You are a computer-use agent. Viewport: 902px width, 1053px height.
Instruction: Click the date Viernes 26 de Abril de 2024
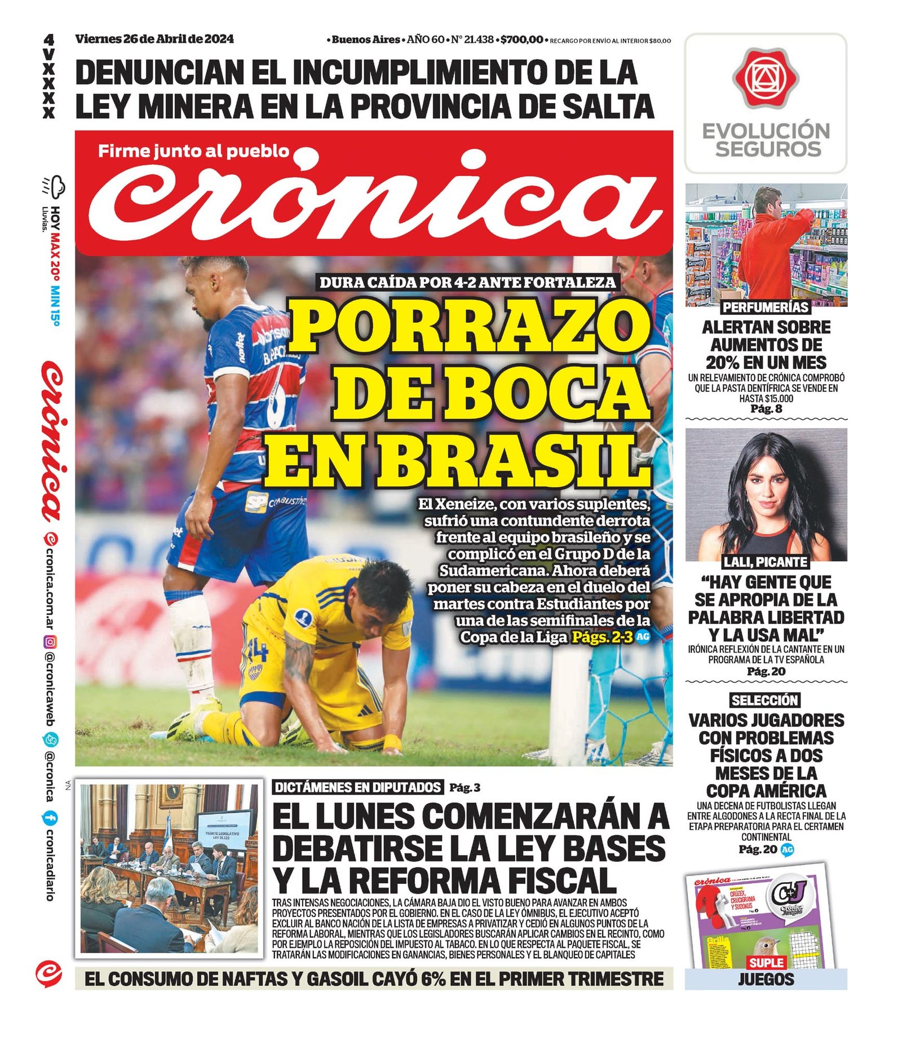pos(154,39)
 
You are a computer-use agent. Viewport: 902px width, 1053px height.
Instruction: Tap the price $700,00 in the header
pos(521,39)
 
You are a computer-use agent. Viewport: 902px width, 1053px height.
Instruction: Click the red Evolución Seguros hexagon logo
pos(766,78)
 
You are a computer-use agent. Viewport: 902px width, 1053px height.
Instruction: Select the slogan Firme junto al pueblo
pos(193,151)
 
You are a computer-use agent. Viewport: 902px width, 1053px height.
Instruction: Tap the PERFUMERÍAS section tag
pos(766,307)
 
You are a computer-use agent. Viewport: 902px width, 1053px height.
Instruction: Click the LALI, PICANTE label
pos(766,562)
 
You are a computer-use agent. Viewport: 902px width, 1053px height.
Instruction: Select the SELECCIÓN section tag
pos(765,700)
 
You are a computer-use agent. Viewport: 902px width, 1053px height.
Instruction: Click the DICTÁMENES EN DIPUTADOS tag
pos(357,787)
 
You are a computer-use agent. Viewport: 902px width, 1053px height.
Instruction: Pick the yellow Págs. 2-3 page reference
pos(602,637)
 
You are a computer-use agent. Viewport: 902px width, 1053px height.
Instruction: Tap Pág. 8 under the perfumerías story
pos(766,409)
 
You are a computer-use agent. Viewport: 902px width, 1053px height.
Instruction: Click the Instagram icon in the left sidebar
pos(50,642)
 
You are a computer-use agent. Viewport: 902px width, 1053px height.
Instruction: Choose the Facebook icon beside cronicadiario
pos(50,817)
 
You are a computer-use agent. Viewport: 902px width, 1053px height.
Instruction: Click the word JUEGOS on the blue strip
pos(766,980)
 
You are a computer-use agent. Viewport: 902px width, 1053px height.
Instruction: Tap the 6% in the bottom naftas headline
pos(433,979)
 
